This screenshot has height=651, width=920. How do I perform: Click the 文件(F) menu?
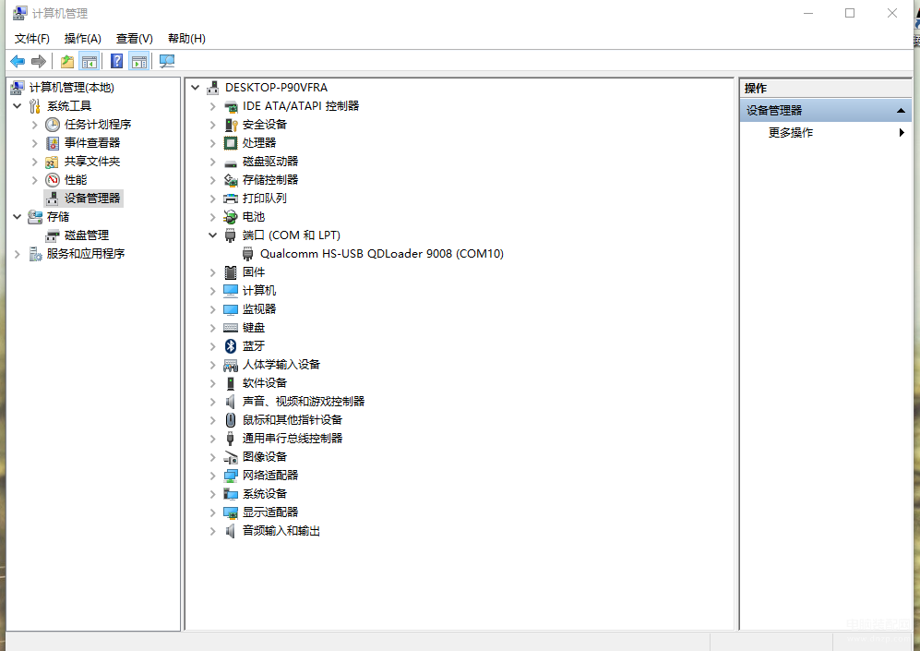pos(31,39)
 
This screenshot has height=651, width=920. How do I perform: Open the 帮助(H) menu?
pos(186,39)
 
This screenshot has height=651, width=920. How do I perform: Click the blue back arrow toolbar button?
pos(18,61)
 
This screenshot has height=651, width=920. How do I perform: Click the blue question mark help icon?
pos(117,61)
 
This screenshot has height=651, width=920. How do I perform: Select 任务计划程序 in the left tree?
pos(98,125)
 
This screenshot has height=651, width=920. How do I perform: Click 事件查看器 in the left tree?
pos(92,142)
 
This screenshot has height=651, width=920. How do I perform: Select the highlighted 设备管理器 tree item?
pos(92,199)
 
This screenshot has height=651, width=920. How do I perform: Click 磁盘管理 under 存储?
pos(86,235)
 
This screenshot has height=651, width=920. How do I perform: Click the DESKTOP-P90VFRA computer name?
pos(276,88)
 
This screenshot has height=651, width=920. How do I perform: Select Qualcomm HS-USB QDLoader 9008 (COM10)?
pos(382,254)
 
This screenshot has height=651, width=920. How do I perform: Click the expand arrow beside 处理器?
pos(213,143)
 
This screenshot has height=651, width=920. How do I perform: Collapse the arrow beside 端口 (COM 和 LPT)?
pos(212,235)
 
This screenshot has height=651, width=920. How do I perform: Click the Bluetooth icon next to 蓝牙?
pos(231,346)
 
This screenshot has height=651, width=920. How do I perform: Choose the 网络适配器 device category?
pos(269,476)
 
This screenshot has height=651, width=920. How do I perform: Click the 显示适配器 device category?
pos(269,512)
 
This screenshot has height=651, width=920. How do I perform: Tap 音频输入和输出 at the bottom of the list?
pos(281,531)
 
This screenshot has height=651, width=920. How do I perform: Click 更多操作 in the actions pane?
pos(790,133)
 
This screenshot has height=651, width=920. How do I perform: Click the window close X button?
pos(891,13)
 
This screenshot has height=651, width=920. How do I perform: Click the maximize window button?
pos(850,13)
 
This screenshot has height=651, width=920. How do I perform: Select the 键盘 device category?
pos(254,328)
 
